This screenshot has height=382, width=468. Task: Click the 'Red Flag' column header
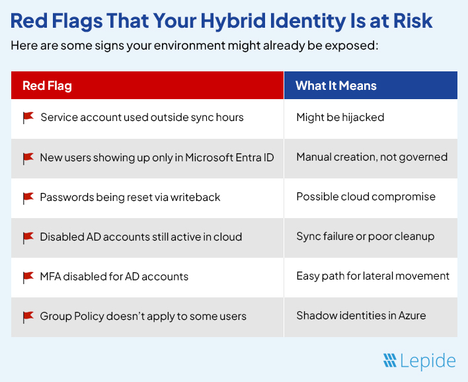47,86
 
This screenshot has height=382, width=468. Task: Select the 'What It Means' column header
336,86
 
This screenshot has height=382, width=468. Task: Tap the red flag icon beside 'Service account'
28,118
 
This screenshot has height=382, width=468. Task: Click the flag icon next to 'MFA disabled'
28,277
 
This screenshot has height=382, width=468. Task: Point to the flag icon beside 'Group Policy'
28,317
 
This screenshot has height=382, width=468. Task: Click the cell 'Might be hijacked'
340,118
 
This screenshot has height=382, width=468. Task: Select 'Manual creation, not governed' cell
371,157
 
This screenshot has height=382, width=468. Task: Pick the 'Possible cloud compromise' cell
366,197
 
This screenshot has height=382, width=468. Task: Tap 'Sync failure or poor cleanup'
365,237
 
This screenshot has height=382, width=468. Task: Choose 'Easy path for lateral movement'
373,276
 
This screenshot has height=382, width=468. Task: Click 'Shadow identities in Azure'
361,316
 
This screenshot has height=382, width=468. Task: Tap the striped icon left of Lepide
390,361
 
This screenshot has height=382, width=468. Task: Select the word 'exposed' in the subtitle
355,47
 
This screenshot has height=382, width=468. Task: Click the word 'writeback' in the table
196,197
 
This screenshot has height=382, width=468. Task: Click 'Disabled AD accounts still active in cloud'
141,237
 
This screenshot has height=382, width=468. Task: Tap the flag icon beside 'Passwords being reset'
28,198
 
